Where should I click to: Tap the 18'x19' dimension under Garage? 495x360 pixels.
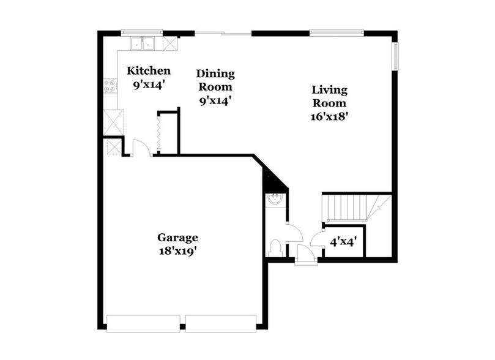(177, 250)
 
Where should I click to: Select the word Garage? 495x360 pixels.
(177, 238)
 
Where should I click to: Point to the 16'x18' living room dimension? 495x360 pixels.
(330, 116)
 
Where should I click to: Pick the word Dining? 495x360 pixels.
(215, 74)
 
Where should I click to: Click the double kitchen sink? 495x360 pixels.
(144, 43)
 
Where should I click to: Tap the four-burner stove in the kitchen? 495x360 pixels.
(111, 86)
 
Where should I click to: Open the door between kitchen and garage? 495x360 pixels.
(140, 149)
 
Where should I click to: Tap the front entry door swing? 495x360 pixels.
(303, 253)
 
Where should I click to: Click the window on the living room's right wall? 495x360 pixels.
(395, 57)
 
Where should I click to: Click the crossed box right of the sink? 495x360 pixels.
(170, 43)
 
